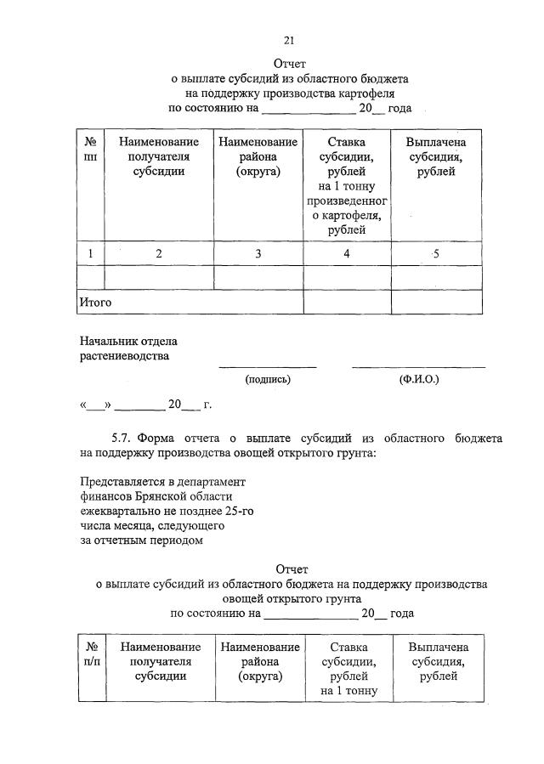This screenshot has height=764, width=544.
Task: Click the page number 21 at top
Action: (x=289, y=40)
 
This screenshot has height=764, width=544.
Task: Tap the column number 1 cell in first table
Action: (x=90, y=253)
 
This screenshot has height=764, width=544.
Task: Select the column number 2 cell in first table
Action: (x=158, y=253)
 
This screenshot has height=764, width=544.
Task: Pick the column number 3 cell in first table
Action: (x=258, y=253)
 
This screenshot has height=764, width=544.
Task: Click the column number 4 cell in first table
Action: (x=346, y=253)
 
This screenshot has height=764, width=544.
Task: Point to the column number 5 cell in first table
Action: (x=435, y=253)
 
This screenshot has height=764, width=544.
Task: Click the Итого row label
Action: (x=95, y=302)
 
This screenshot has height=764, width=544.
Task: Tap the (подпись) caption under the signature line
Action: (x=268, y=380)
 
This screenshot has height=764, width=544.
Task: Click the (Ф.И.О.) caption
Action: (x=419, y=380)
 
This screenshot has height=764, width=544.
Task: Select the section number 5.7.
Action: (x=122, y=438)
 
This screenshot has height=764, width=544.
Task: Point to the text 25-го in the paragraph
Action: (x=238, y=510)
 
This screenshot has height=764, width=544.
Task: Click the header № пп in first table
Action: (x=90, y=150)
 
